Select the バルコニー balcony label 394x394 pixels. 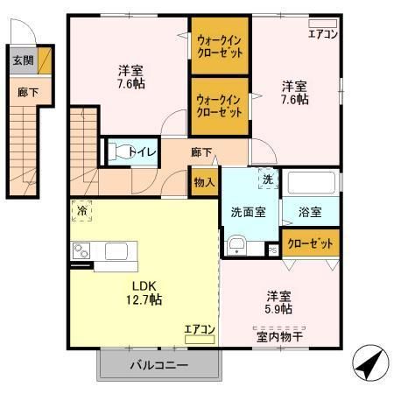pos(159,364)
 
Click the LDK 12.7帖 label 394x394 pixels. pos(144,292)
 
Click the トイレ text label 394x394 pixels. pos(143,151)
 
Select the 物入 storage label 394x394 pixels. pos(204,182)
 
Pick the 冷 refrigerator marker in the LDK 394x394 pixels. pos(81,211)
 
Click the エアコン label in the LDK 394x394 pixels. pos(200,329)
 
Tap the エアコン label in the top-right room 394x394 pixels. pos(323,34)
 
